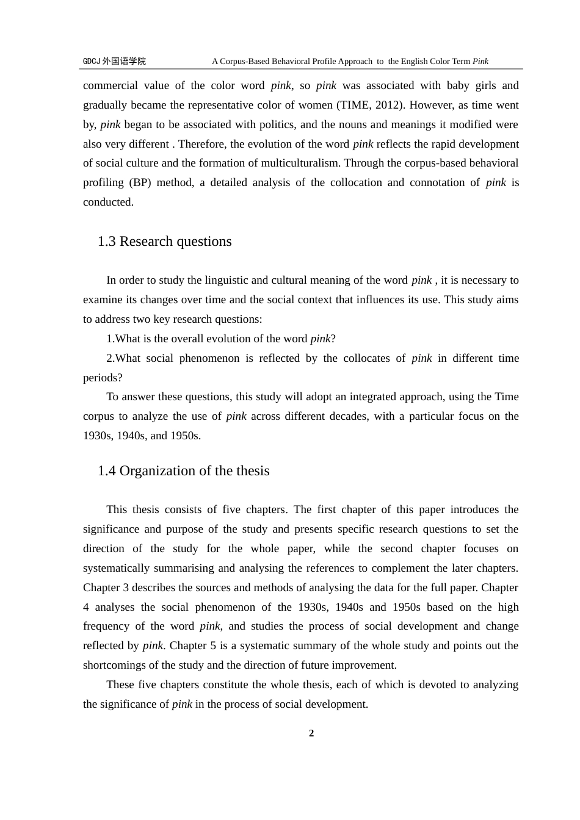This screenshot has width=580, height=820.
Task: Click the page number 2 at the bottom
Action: (x=311, y=733)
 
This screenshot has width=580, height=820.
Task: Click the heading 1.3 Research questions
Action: (x=164, y=242)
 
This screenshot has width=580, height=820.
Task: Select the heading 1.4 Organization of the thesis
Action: (x=183, y=471)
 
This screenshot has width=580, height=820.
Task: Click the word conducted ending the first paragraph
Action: (x=107, y=202)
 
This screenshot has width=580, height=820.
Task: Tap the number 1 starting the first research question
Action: (x=109, y=339)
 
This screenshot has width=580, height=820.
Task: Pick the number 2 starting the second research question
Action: (x=109, y=358)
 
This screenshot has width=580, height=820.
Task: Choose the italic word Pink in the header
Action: (x=480, y=61)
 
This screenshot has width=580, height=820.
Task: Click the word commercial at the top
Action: (x=110, y=85)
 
